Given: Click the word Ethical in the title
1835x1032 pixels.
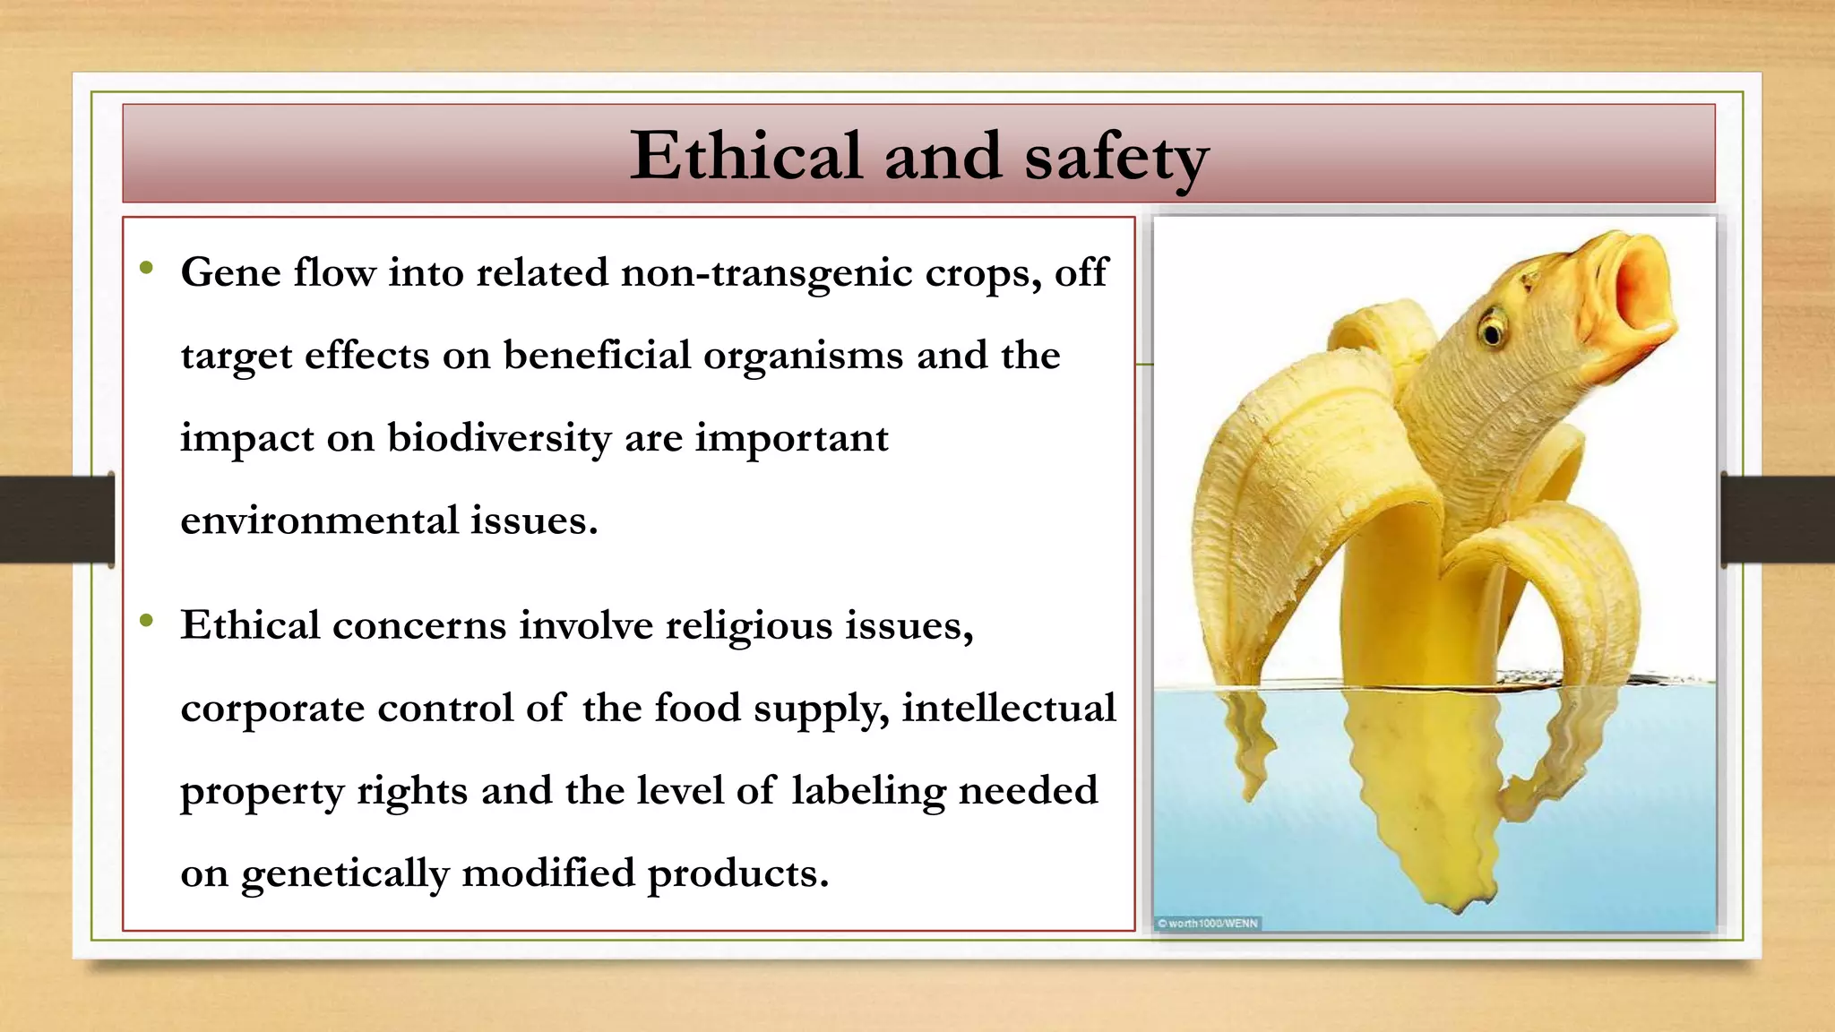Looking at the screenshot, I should pos(745,157).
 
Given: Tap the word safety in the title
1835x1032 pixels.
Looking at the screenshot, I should pos(1116,159).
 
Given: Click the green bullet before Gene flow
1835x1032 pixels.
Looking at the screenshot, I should pos(147,267).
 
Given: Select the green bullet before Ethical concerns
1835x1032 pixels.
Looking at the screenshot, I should pos(147,620).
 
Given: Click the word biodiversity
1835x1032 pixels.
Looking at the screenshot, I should pos(499,439).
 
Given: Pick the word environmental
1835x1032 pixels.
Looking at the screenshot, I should pos(319,521).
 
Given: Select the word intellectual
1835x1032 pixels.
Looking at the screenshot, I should pos(1009,708).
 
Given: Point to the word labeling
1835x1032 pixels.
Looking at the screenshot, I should pos(868,792).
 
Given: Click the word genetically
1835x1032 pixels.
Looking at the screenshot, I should pos(345,874).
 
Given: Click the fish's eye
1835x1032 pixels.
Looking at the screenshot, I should pos(1491,331).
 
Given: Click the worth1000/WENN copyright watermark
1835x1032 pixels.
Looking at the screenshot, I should pos(1208,923).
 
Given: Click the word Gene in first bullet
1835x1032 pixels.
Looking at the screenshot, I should pos(231,272).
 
